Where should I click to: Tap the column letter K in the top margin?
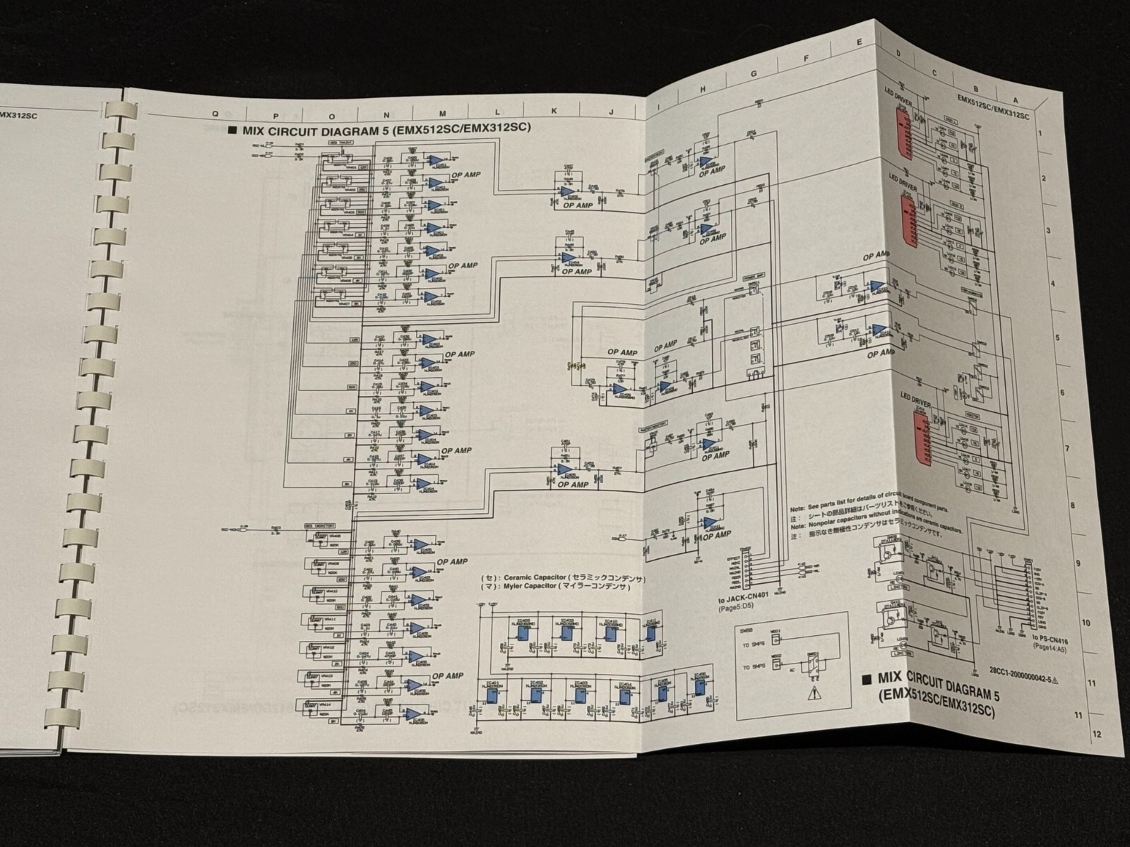(x=554, y=112)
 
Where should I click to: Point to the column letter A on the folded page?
(x=1016, y=100)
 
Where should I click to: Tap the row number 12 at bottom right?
(x=1096, y=733)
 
